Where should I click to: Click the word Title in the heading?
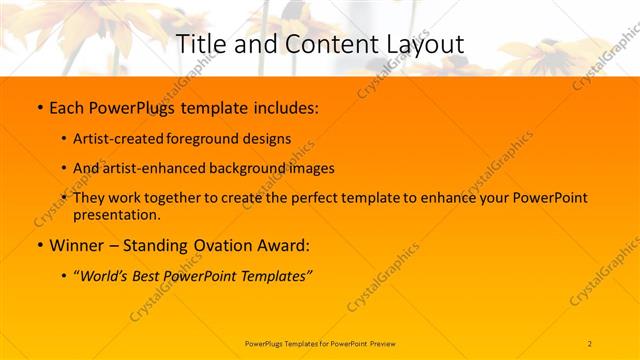click(199, 44)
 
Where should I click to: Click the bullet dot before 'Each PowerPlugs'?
click(38, 105)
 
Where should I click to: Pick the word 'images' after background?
click(312, 168)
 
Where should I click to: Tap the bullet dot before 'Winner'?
click(38, 245)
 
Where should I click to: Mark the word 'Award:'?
click(283, 245)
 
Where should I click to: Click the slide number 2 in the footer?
click(590, 343)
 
